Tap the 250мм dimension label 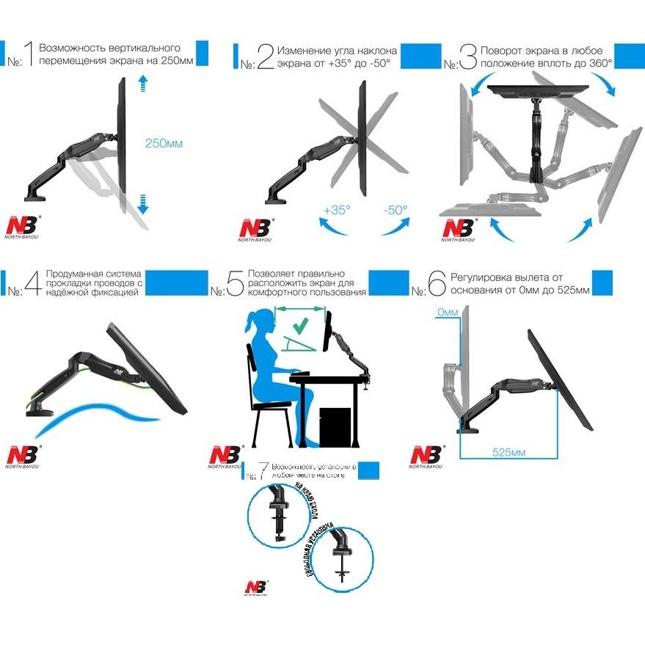[x=164, y=143]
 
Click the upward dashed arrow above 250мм [x=143, y=84]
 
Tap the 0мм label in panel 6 [x=447, y=313]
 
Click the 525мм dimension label [x=508, y=452]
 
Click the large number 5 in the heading [x=235, y=283]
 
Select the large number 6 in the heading [x=437, y=283]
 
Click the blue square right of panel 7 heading [x=373, y=471]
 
